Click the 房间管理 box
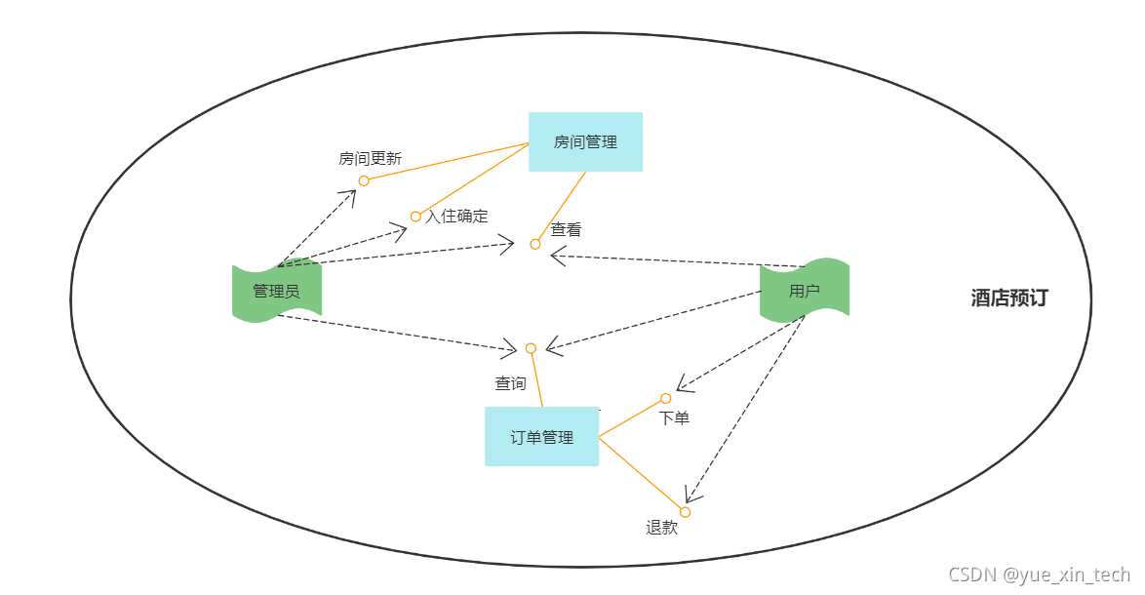pos(585,142)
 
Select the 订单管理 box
pos(541,437)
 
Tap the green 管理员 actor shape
pos(276,291)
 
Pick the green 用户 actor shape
pos(805,290)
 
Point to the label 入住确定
pos(456,216)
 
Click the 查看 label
pos(566,230)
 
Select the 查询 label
pos(510,383)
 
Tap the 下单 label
pos(674,417)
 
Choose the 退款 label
pos(661,528)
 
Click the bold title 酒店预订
pos(1009,298)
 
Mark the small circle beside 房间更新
pos(364,180)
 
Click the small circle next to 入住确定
pos(415,217)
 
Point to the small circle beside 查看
pos(535,244)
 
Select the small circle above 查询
pos(531,348)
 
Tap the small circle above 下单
pos(666,398)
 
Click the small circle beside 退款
pos(685,512)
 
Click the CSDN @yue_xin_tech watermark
pos(1040,575)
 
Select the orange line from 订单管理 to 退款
pos(642,475)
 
